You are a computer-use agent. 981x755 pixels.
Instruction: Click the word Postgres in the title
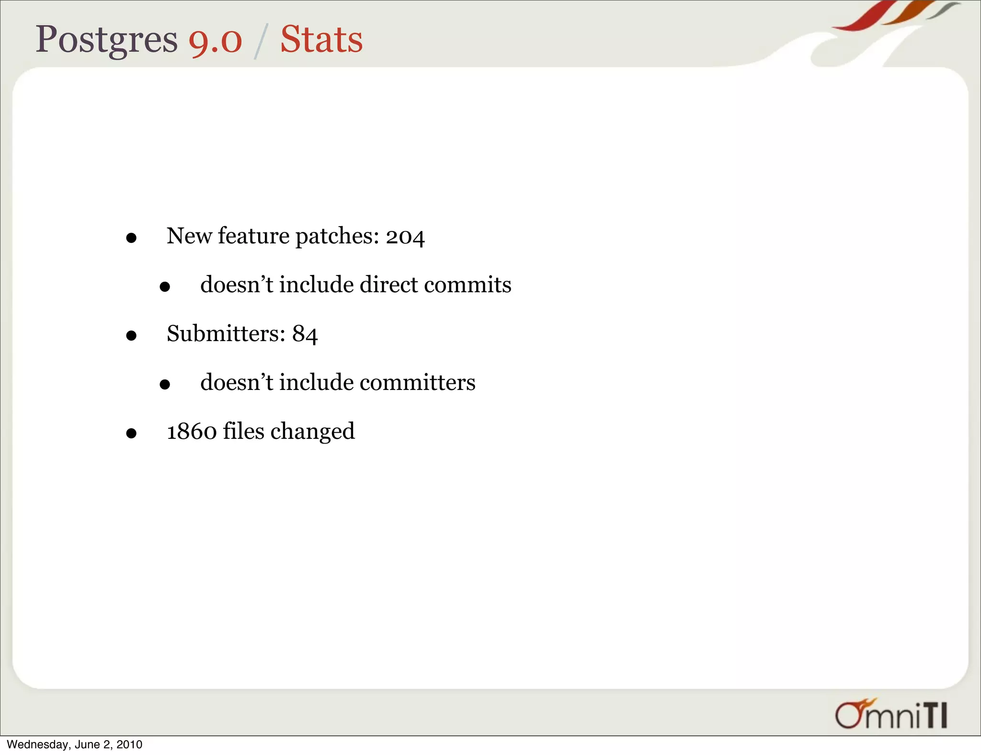106,40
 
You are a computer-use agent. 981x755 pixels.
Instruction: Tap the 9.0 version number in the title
215,40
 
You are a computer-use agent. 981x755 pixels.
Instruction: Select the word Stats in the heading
321,39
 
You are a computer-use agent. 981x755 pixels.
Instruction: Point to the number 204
405,237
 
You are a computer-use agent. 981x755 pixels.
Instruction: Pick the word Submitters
226,333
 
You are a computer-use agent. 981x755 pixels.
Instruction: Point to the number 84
305,334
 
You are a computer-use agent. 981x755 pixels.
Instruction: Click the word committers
417,382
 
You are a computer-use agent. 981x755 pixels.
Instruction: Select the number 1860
192,431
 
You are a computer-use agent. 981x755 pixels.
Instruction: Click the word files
243,431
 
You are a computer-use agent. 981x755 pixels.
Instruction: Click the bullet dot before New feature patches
131,238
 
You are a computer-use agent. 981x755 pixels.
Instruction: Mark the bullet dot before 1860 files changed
131,434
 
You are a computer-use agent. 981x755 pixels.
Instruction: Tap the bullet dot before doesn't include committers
165,384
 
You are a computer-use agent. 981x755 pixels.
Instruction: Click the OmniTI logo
891,714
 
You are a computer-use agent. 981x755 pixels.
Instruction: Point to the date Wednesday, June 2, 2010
75,744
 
